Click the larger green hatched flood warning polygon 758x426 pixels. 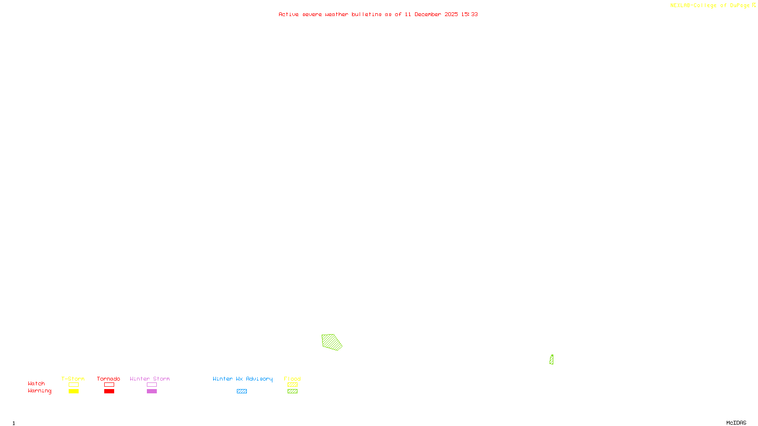tap(331, 342)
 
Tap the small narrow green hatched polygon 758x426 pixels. tap(551, 360)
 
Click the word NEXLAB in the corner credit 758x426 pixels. tap(680, 6)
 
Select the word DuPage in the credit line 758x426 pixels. tap(740, 6)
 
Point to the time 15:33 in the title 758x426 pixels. tap(469, 15)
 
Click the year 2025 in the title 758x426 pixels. tap(451, 15)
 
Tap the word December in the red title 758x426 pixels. tap(428, 15)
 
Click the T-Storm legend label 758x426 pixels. tap(73, 379)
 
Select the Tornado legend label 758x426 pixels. tap(108, 379)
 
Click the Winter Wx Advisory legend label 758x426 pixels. tap(243, 379)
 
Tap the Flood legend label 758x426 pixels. tap(292, 379)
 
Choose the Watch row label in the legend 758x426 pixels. tap(36, 383)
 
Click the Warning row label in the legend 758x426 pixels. tap(39, 391)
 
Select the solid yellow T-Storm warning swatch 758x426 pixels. tap(73, 391)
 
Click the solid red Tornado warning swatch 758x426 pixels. tap(109, 391)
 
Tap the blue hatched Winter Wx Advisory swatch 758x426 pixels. tap(242, 391)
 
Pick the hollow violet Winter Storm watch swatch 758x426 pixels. tap(152, 385)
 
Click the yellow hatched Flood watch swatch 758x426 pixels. tap(292, 385)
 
